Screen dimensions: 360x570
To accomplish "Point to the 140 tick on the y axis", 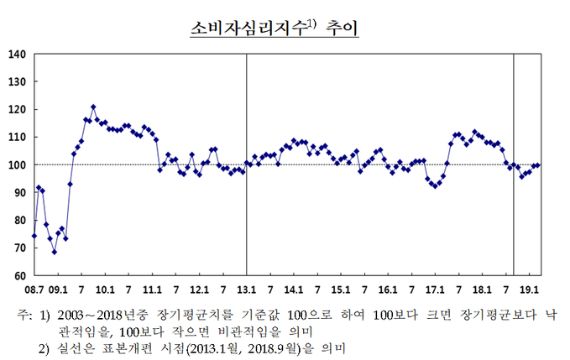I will (x=18, y=55).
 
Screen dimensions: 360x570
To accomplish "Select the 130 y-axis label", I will (x=18, y=82).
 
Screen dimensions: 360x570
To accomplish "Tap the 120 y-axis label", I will (x=18, y=110).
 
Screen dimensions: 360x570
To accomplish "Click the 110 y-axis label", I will (x=18, y=138).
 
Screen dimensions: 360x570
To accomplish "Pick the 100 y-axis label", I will (x=18, y=165).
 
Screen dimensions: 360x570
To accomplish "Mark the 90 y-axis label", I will (x=20, y=193).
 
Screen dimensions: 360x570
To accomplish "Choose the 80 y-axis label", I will (x=20, y=221).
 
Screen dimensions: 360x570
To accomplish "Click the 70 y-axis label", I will (x=20, y=248).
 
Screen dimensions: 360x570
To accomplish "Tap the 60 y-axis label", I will (x=20, y=275).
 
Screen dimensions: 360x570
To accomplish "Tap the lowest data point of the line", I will (x=54, y=252).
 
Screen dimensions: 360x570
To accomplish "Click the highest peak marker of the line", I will (x=93, y=107).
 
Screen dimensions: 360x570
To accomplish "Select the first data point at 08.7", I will (x=34, y=236).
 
